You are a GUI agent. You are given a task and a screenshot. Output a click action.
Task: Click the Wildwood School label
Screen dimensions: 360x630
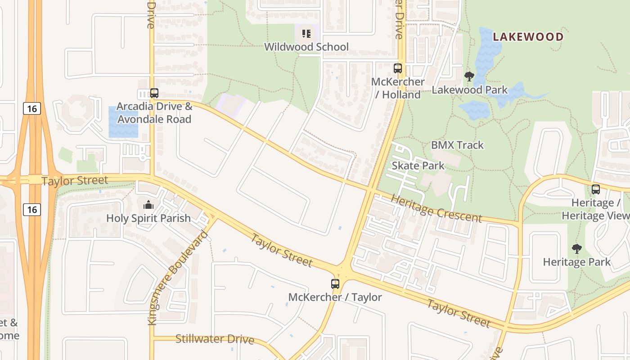pos(306,47)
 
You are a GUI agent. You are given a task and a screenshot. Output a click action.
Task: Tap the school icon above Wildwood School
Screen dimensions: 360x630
pos(306,33)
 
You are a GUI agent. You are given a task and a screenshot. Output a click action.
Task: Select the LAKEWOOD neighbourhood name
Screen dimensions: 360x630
pos(528,37)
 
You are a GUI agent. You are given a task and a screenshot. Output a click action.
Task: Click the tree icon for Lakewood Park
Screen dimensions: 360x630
pos(469,76)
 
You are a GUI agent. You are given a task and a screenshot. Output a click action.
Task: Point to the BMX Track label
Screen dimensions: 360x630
pos(457,145)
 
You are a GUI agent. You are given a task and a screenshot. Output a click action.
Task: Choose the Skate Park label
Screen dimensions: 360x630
pos(418,166)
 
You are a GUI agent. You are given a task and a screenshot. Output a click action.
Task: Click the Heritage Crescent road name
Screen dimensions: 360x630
pos(436,209)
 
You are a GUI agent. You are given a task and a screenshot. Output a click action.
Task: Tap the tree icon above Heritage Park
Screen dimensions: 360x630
pos(576,249)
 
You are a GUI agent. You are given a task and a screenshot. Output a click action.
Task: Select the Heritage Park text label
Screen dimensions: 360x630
pos(576,262)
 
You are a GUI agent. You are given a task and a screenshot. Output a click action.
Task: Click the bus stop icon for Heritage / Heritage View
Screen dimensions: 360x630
pos(596,189)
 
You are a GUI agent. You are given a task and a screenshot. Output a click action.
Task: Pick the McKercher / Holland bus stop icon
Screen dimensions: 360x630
pos(398,68)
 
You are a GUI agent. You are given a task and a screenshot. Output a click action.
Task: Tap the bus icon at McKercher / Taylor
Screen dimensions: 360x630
pos(335,284)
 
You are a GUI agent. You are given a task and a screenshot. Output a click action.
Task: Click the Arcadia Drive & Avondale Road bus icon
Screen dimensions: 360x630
pos(154,93)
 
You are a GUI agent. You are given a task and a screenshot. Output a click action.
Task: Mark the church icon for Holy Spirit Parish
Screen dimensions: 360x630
pos(148,205)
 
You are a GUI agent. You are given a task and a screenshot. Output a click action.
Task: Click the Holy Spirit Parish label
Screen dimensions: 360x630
pos(148,218)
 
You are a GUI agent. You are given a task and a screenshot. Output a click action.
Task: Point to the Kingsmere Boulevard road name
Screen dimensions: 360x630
pos(179,278)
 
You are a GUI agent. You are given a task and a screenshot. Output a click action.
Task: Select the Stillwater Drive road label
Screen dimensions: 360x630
pos(215,339)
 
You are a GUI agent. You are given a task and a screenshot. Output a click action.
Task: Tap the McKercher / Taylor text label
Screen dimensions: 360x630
pos(335,297)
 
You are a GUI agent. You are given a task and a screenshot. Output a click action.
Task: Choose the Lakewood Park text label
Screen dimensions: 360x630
pos(469,90)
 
